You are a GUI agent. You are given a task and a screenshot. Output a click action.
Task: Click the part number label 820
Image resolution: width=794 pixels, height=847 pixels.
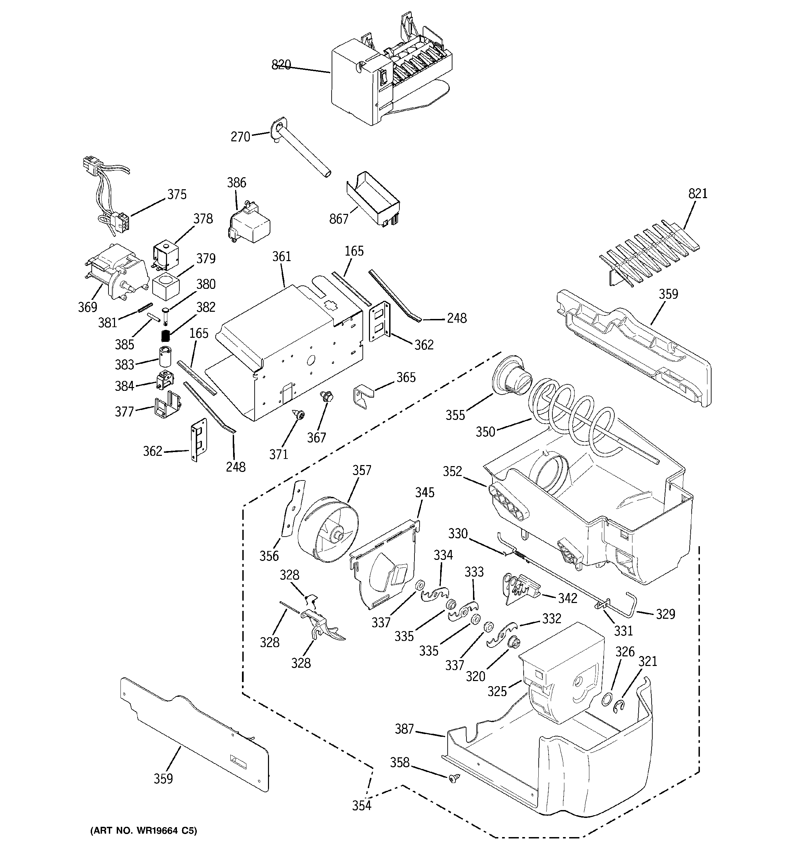pos(281,65)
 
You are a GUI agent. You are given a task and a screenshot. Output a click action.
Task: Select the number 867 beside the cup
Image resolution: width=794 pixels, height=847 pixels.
pos(339,219)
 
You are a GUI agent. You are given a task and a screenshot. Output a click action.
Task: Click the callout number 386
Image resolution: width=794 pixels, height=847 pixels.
pos(236,183)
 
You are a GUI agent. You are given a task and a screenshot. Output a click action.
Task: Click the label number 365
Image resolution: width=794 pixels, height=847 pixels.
pos(406,377)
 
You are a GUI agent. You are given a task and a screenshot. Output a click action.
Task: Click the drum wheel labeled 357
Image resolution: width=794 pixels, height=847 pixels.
pos(327,528)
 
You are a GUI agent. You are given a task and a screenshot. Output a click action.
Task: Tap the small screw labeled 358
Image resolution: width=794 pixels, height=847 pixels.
pos(453,779)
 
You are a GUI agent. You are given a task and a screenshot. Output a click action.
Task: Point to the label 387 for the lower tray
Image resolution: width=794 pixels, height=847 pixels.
pos(404,729)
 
